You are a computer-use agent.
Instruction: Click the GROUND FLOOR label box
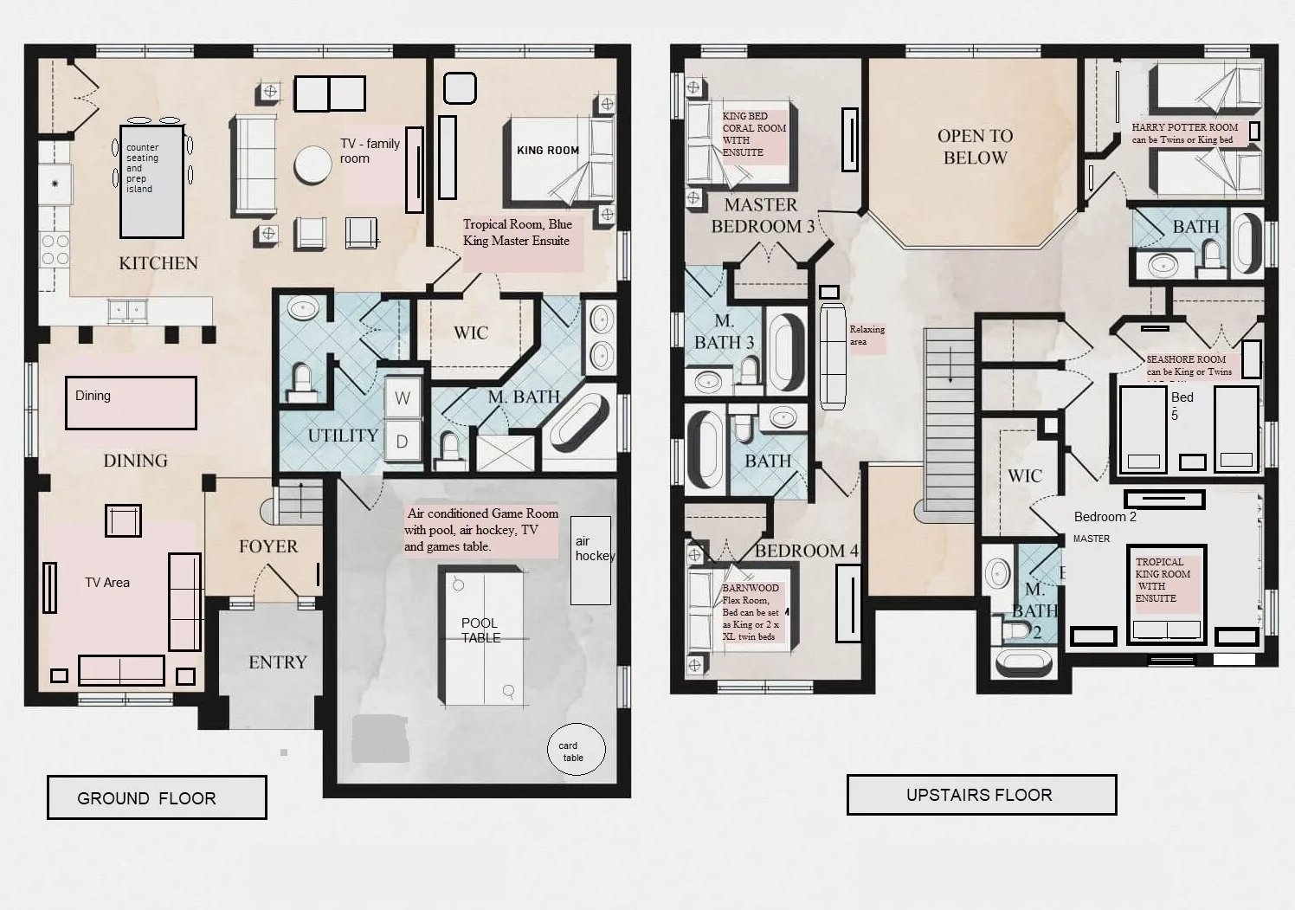pyautogui.click(x=156, y=797)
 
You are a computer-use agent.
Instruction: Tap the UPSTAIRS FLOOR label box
pyautogui.click(x=981, y=794)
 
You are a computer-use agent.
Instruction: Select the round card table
pyautogui.click(x=576, y=750)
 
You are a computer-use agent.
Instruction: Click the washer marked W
pyautogui.click(x=403, y=399)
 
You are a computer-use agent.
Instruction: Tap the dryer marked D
pyautogui.click(x=403, y=441)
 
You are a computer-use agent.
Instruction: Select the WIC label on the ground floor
pyautogui.click(x=471, y=332)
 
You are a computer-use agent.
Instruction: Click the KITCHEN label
pyautogui.click(x=158, y=263)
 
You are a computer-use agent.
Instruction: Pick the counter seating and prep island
pyautogui.click(x=151, y=181)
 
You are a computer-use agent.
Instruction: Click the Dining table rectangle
pyautogui.click(x=131, y=403)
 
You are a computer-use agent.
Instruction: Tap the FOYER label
pyautogui.click(x=268, y=546)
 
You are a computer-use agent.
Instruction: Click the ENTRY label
pyautogui.click(x=277, y=662)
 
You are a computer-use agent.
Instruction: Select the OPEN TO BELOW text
pyautogui.click(x=975, y=146)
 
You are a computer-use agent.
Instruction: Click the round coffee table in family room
pyautogui.click(x=312, y=164)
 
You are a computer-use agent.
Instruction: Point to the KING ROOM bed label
pyautogui.click(x=547, y=150)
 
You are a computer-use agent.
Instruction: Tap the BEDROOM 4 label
pyautogui.click(x=806, y=551)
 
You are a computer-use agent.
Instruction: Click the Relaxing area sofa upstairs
pyautogui.click(x=833, y=356)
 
